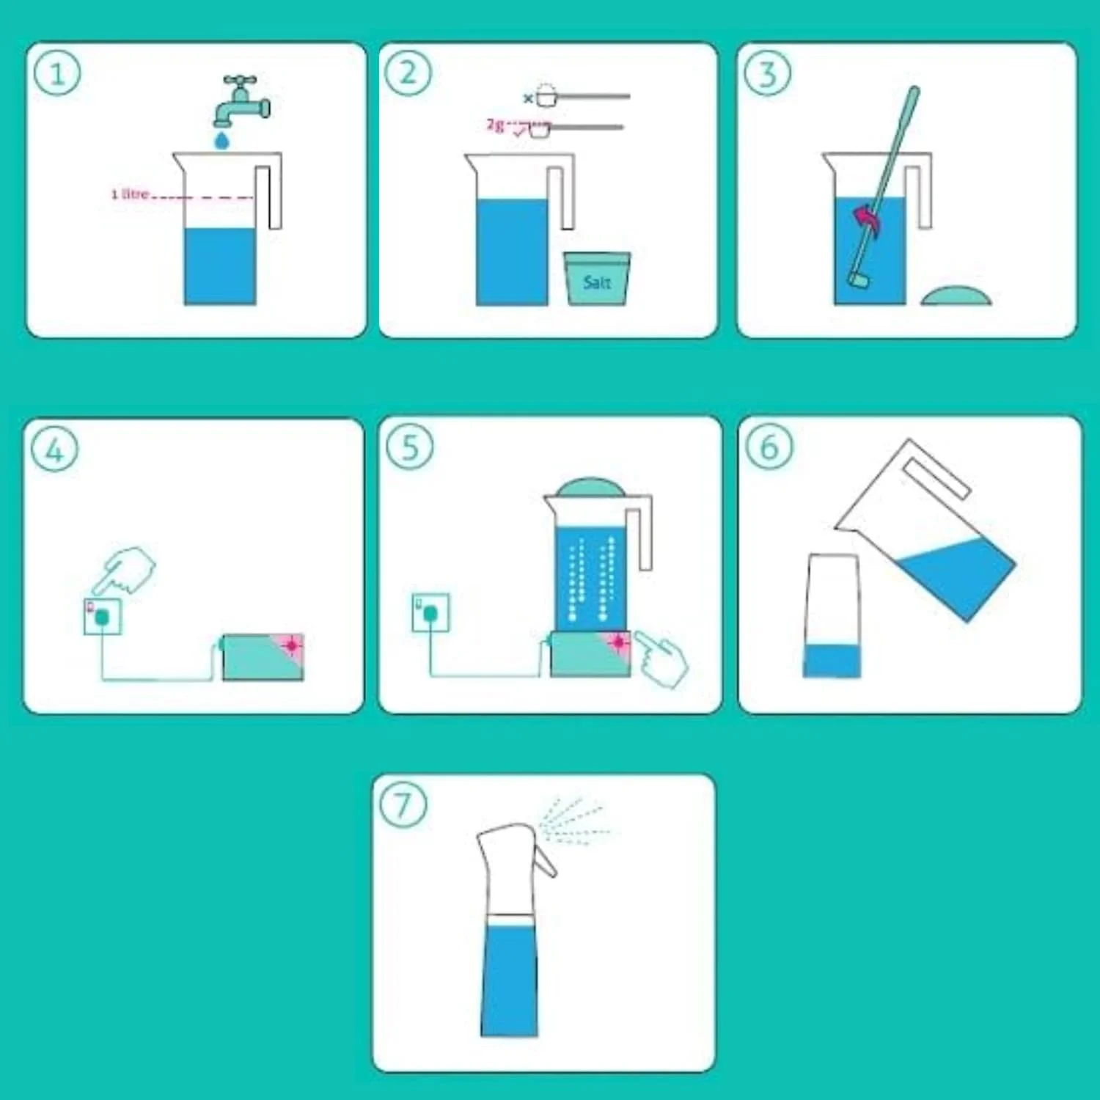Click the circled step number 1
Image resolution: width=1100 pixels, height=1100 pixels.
coord(56,73)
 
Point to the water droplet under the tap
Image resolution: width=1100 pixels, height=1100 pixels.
coord(221,139)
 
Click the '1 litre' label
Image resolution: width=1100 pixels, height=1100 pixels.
coord(130,194)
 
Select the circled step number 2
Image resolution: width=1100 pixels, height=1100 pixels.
coord(408,73)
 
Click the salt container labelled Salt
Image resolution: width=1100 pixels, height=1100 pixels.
coord(597,279)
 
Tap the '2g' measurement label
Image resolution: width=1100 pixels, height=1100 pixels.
coord(496,125)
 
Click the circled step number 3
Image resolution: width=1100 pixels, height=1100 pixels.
coord(767,73)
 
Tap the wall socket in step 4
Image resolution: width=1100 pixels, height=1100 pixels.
coord(103,616)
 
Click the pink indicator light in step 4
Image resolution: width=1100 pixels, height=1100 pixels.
coord(292,645)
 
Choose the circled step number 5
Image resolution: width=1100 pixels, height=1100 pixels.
coord(410,447)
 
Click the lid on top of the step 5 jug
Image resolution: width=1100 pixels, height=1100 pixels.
coord(590,487)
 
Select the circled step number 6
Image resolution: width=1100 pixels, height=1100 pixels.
coord(769,447)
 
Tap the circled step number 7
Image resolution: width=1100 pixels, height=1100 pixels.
coord(403,804)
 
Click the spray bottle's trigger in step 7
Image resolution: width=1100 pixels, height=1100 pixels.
coord(545,859)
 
